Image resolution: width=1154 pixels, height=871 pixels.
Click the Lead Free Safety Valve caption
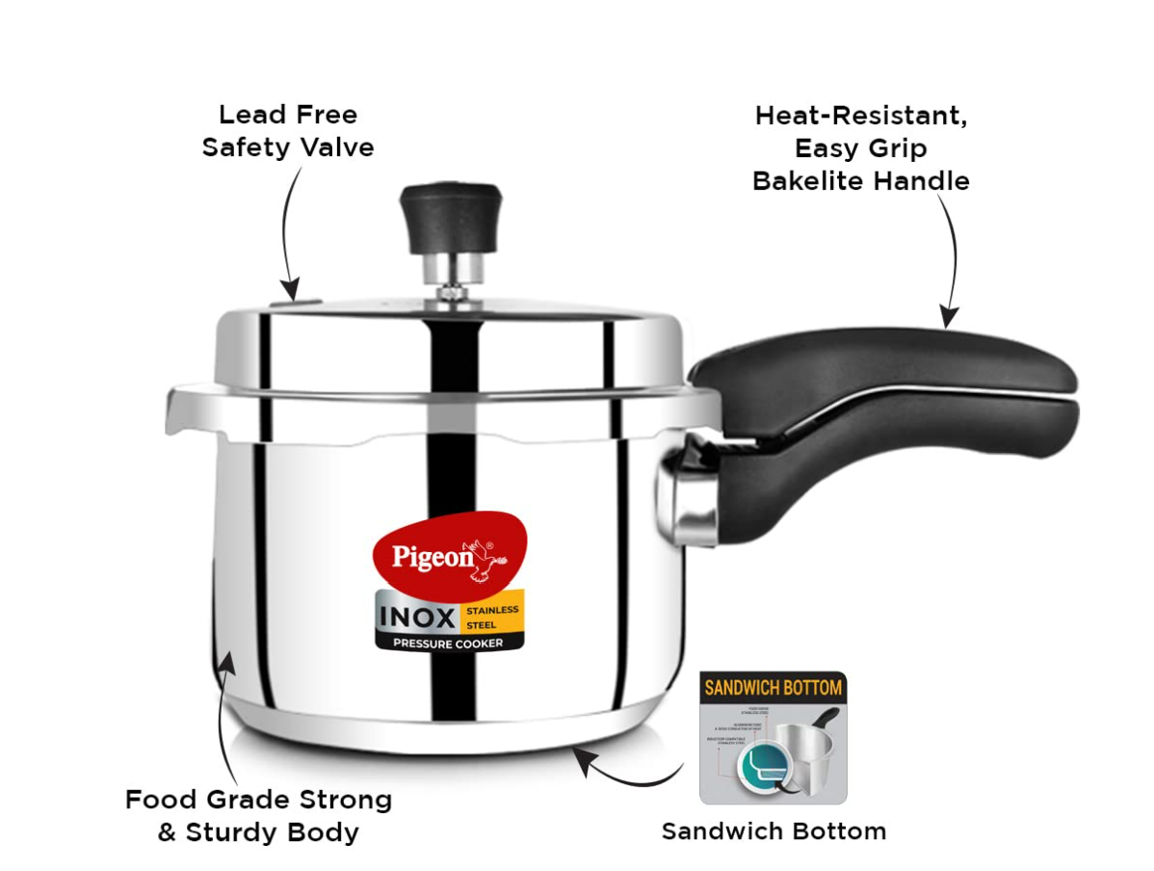(288, 131)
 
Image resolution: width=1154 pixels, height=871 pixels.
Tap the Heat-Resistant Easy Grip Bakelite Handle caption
(860, 148)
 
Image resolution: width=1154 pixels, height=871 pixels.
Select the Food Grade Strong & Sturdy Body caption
(258, 815)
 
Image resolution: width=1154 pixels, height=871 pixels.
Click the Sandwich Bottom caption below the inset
(774, 831)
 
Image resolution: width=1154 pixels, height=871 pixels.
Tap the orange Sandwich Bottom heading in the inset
(773, 688)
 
